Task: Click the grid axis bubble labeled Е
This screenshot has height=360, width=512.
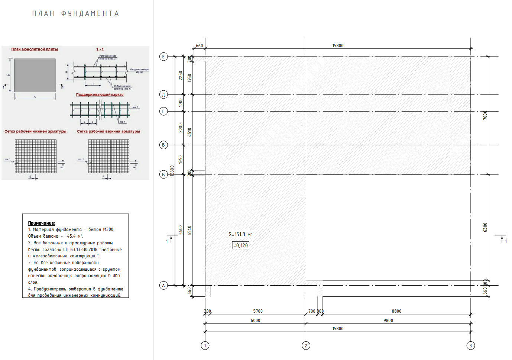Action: [x=163, y=57]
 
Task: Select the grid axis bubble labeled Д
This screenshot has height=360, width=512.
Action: [x=163, y=94]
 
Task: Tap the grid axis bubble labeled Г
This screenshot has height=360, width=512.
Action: [x=163, y=111]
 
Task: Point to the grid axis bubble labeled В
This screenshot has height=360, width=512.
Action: [x=163, y=145]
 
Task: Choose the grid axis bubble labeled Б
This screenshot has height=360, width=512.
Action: [x=163, y=174]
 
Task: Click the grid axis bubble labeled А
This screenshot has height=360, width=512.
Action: [x=163, y=286]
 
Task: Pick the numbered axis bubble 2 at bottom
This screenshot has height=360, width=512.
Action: [x=306, y=346]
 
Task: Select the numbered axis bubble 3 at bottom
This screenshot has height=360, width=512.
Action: [x=470, y=346]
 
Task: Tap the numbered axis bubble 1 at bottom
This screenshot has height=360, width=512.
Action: [x=205, y=346]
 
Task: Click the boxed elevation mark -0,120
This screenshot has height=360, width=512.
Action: [x=241, y=245]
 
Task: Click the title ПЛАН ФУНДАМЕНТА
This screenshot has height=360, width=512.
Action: [x=75, y=14]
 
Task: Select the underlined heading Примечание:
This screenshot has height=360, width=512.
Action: [x=42, y=223]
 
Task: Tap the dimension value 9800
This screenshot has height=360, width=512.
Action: [x=388, y=321]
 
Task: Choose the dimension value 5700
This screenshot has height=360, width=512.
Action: [x=258, y=311]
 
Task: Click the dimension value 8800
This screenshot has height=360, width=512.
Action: [x=396, y=311]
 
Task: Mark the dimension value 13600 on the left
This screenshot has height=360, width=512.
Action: [x=172, y=171]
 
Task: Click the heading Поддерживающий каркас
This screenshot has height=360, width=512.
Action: [x=100, y=94]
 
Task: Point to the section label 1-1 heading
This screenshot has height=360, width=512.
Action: [x=100, y=49]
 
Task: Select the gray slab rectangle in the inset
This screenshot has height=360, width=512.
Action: [x=35, y=75]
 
